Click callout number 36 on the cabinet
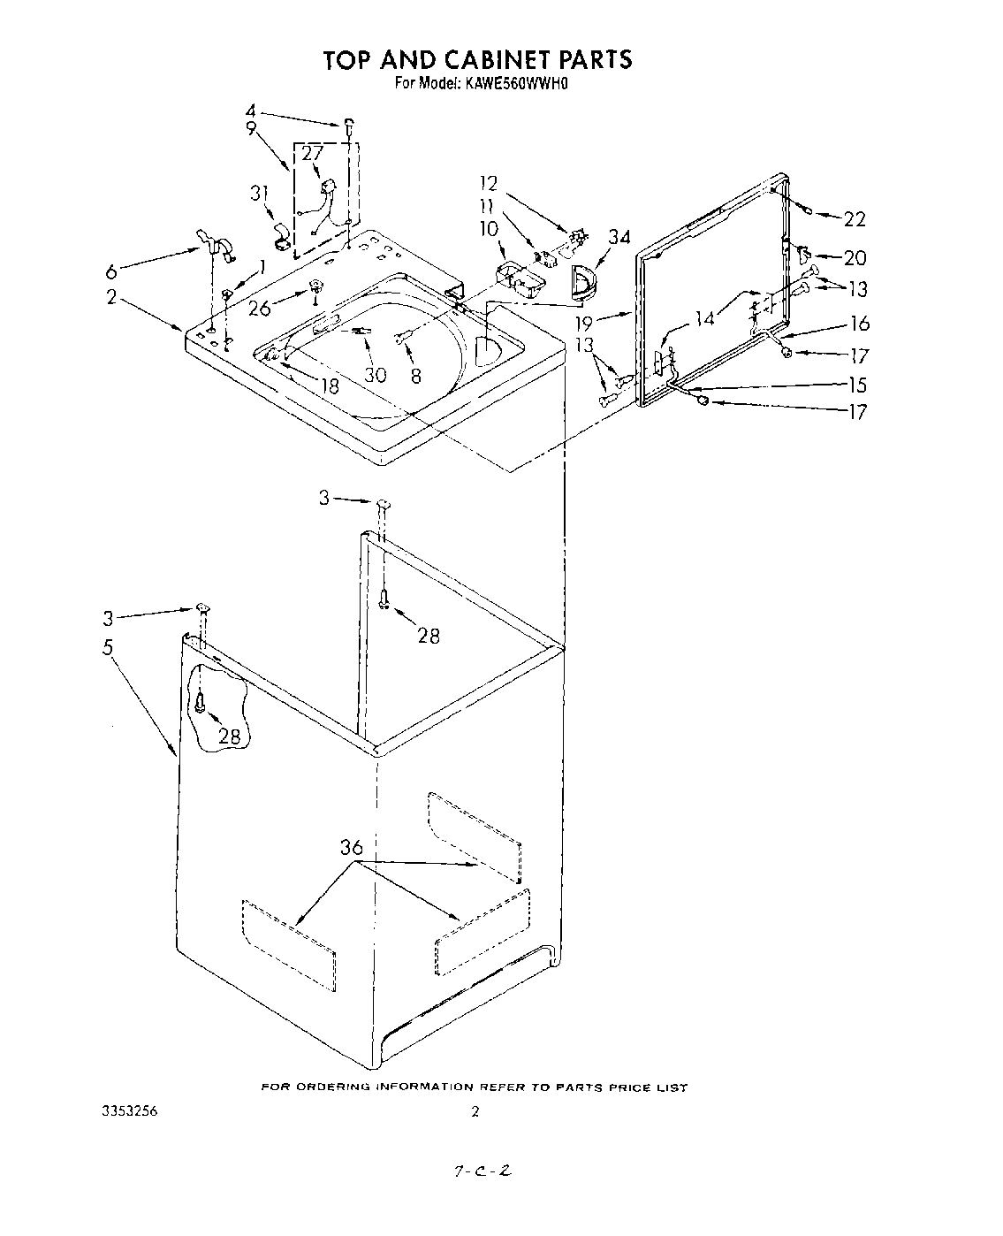pyautogui.click(x=351, y=848)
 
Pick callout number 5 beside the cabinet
pyautogui.click(x=108, y=648)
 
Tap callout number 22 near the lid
pyautogui.click(x=854, y=219)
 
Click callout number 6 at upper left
pyautogui.click(x=110, y=271)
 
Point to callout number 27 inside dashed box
pyautogui.click(x=312, y=154)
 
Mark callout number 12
pyautogui.click(x=489, y=184)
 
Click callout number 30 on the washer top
pyautogui.click(x=376, y=374)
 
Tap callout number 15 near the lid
pyautogui.click(x=856, y=385)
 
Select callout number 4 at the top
pyautogui.click(x=250, y=111)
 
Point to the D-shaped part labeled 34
pyautogui.click(x=583, y=280)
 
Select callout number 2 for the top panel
pyautogui.click(x=112, y=297)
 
